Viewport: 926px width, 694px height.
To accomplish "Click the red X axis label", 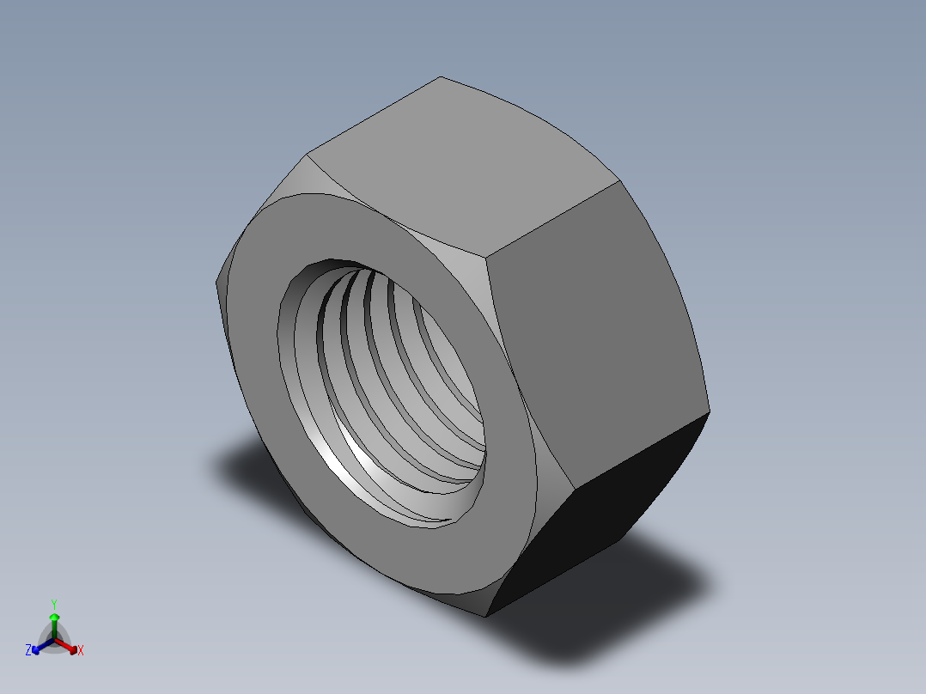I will click(x=81, y=651).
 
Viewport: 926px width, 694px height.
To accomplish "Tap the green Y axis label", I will click(x=54, y=603).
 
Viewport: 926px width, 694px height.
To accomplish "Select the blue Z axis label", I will click(x=28, y=651).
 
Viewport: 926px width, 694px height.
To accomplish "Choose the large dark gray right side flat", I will click(x=593, y=326).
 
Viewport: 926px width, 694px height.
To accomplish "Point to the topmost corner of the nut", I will click(x=441, y=77).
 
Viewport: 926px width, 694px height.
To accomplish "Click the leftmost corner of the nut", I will click(x=215, y=282).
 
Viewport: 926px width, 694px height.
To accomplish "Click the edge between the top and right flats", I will click(x=554, y=219).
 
